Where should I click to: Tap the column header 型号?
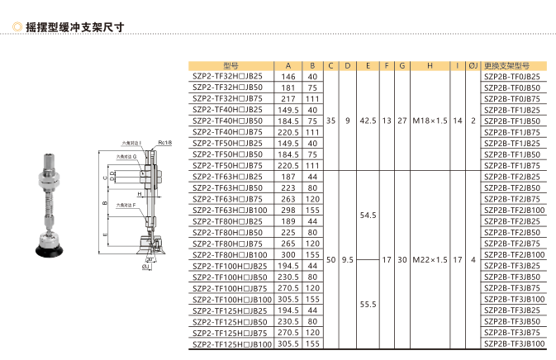[x=232, y=65]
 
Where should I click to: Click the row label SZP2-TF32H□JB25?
[x=227, y=76]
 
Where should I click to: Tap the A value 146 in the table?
[x=288, y=76]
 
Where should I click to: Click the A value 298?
[x=288, y=210]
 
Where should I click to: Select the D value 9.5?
[x=348, y=258]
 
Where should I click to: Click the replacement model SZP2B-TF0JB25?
[x=513, y=76]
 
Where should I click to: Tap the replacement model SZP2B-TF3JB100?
[x=513, y=343]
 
